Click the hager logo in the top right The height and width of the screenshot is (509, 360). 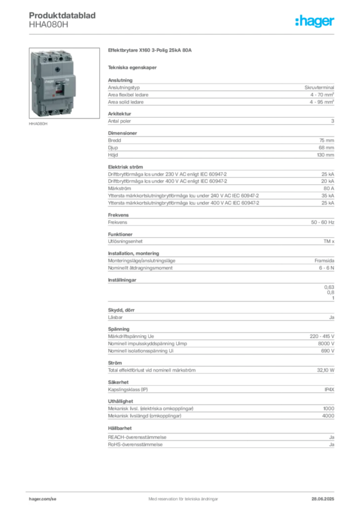[314, 21]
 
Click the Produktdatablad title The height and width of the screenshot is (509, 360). [62, 15]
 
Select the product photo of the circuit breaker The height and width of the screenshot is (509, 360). [64, 83]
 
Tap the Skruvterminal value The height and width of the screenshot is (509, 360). [319, 87]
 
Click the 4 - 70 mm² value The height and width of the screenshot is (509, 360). [322, 95]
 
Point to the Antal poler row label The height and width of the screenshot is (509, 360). [119, 121]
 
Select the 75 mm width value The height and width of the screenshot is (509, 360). [327, 140]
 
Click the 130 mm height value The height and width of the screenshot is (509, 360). [325, 155]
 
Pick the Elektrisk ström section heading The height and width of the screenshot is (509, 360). [125, 167]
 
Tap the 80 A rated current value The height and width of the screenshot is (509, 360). [329, 188]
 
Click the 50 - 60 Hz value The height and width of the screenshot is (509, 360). [322, 222]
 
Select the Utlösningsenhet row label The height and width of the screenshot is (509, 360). [125, 241]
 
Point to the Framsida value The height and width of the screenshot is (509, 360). [324, 260]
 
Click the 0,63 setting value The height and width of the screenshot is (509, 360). [329, 287]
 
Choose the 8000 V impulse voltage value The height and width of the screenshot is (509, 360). [326, 343]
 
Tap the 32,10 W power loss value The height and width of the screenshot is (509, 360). [326, 370]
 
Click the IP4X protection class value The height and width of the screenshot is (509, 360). [329, 390]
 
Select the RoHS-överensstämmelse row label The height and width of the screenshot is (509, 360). [135, 444]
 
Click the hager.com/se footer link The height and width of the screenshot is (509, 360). [43, 499]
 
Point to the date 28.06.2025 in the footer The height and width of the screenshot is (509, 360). [323, 499]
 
